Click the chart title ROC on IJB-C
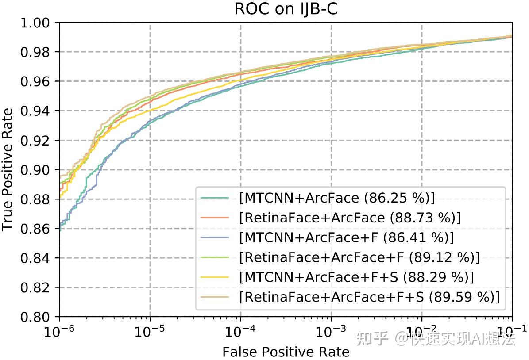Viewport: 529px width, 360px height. click(286, 9)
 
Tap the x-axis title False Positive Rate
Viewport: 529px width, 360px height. click(286, 352)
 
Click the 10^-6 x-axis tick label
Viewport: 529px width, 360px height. click(59, 331)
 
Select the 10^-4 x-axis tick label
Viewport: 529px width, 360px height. click(240, 331)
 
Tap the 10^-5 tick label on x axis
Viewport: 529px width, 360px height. click(150, 331)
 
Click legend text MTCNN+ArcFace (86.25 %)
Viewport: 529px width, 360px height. click(337, 198)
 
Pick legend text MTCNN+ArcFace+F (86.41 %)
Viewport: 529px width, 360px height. click(346, 237)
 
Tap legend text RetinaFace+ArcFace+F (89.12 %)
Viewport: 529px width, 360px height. click(359, 257)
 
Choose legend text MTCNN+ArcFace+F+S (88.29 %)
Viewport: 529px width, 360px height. click(356, 277)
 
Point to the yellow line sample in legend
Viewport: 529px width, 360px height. click(214, 277)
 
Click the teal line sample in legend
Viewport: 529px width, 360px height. click(214, 198)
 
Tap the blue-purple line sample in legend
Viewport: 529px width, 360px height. click(214, 237)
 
